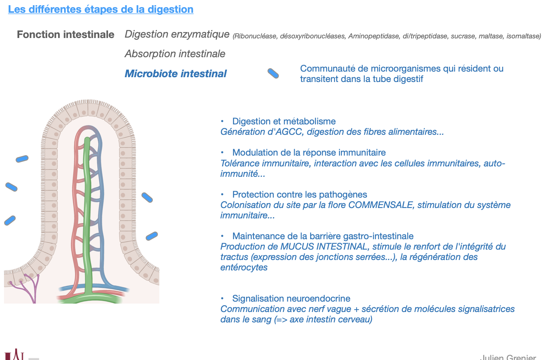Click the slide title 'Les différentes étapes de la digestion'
[x=100, y=9]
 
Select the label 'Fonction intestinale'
[x=66, y=35]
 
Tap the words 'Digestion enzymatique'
[x=177, y=34]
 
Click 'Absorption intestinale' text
[x=175, y=54]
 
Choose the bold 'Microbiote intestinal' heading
[x=175, y=74]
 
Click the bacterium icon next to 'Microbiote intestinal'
[x=273, y=73]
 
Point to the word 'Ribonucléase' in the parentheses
[x=256, y=36]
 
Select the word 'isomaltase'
[x=523, y=36]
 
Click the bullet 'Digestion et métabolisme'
[x=284, y=121]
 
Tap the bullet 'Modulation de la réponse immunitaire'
[x=309, y=152]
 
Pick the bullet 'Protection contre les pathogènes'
[x=299, y=194]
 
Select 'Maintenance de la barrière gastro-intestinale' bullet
[x=323, y=236]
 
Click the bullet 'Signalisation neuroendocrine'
[x=291, y=298]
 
